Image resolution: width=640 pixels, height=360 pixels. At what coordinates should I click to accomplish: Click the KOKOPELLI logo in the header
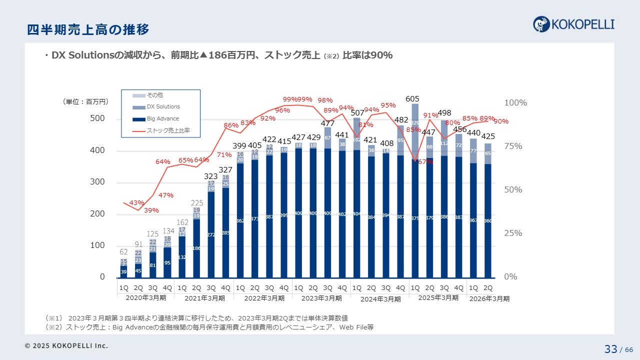point(573,24)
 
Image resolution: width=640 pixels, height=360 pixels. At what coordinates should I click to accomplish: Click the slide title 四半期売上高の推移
point(88,30)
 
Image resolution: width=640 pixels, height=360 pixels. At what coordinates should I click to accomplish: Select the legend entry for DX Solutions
point(163,106)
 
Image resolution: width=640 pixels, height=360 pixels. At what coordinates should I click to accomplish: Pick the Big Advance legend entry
point(162,119)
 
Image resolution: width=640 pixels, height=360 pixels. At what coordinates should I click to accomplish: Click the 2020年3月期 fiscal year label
point(145,298)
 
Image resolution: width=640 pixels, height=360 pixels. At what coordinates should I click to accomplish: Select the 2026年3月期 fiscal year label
point(488,298)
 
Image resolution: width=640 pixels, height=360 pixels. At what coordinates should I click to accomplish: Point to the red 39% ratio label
point(151,210)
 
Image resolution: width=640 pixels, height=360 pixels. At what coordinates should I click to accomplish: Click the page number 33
point(610,349)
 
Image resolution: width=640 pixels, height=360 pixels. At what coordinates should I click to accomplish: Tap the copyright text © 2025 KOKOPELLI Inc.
point(66,345)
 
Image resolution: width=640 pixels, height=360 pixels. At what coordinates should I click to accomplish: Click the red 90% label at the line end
point(501,121)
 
